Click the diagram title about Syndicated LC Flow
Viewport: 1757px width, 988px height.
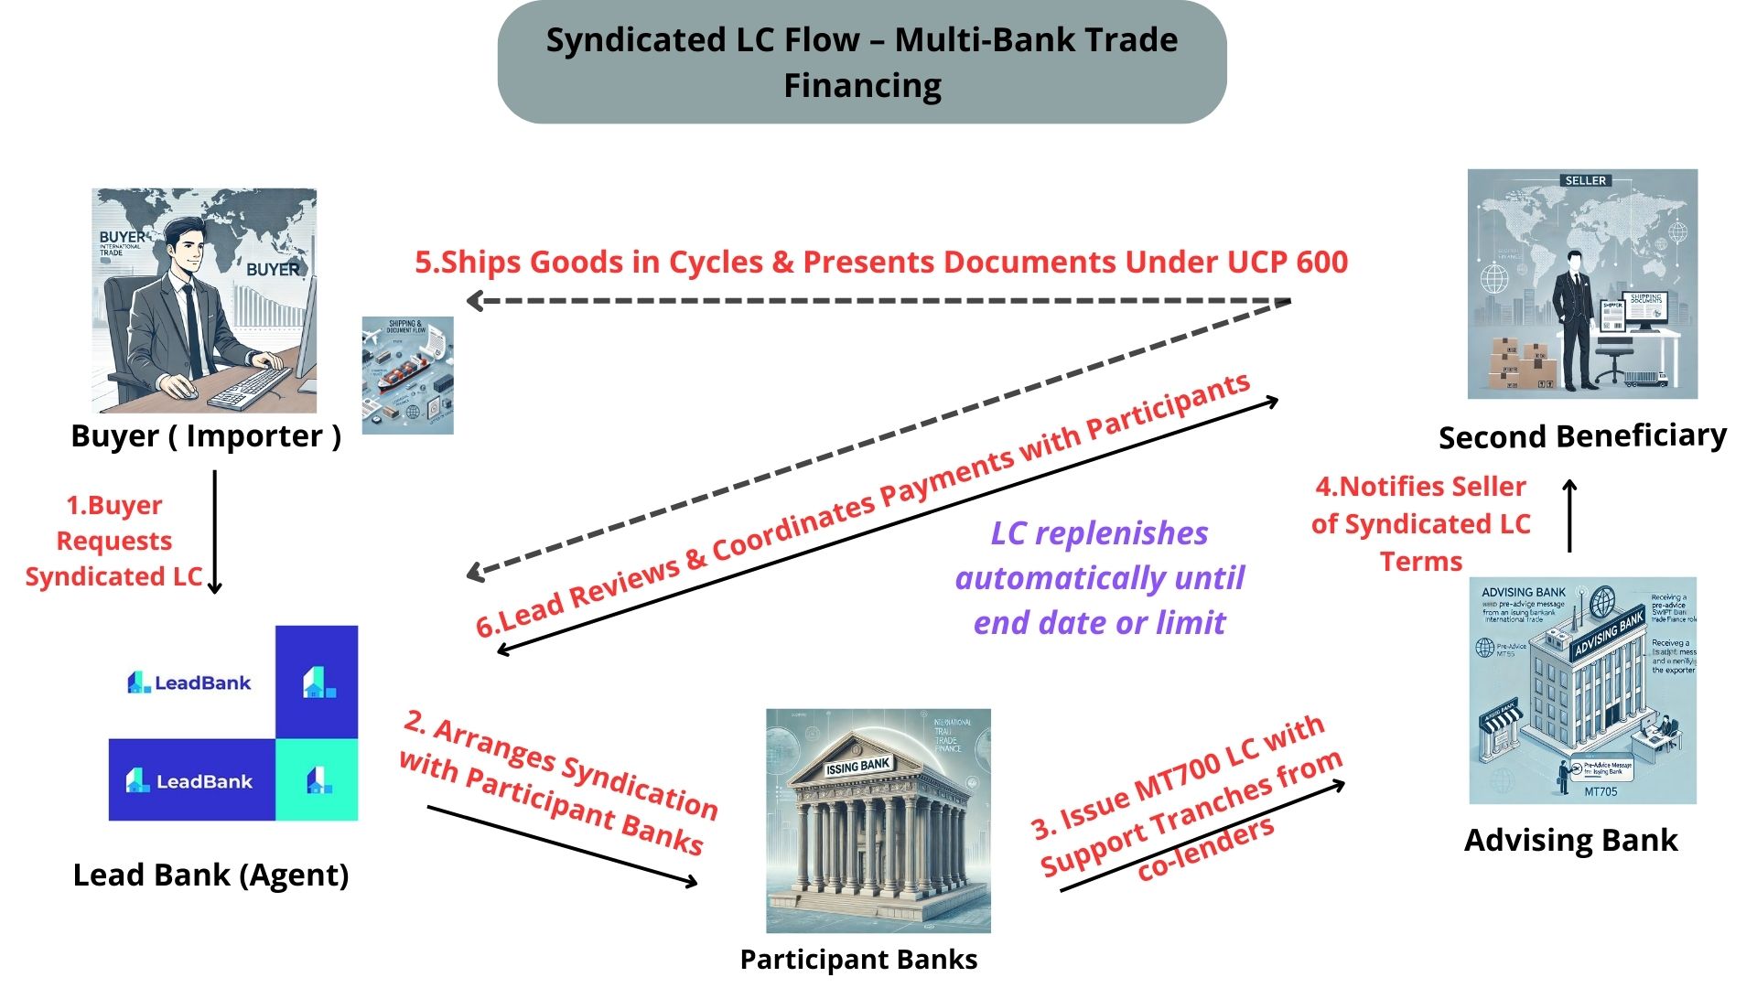[x=861, y=62]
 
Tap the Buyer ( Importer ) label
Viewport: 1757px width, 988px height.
[x=206, y=436]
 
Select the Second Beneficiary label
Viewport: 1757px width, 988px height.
[x=1582, y=436]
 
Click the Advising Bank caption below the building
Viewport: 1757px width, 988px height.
[x=1570, y=840]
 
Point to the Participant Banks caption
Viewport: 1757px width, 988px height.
[x=858, y=959]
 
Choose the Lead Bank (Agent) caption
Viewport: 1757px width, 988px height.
[x=210, y=875]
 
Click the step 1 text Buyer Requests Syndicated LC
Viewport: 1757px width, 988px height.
[x=113, y=541]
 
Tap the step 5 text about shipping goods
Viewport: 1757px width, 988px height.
[x=880, y=263]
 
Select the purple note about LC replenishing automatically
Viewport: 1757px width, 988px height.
[x=1099, y=577]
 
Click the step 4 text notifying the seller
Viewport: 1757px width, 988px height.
[x=1420, y=523]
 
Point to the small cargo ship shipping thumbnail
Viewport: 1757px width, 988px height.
[x=407, y=375]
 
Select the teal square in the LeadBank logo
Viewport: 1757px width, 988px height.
[x=317, y=780]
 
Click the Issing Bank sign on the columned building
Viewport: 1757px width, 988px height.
[x=857, y=766]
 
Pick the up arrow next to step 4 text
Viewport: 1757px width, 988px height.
[x=1569, y=516]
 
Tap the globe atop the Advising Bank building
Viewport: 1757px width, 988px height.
[x=1602, y=602]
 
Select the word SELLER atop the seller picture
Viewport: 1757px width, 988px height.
[x=1585, y=180]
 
